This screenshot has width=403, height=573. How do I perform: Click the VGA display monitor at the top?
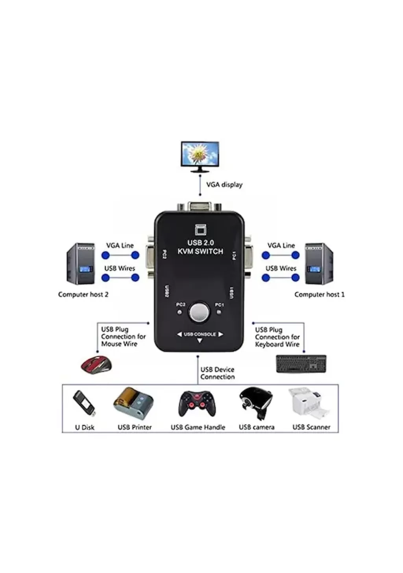(x=200, y=156)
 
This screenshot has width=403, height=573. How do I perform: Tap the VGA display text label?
(x=224, y=184)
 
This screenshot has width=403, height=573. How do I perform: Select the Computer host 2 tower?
(x=81, y=263)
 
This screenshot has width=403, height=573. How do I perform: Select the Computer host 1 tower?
(x=319, y=263)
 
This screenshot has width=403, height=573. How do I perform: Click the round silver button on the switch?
(x=199, y=312)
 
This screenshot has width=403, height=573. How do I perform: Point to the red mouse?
(x=96, y=365)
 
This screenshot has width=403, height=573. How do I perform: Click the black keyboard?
(x=301, y=364)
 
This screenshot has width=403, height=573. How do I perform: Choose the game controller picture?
(x=198, y=404)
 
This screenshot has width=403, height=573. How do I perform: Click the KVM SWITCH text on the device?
(x=200, y=252)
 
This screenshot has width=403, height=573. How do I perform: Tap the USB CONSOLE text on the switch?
(x=200, y=334)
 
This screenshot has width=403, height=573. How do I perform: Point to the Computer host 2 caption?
(x=83, y=295)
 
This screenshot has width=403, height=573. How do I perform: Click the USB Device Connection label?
(x=217, y=373)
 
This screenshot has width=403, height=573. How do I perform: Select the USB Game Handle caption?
(x=198, y=427)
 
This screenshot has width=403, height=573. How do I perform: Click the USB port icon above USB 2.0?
(x=201, y=230)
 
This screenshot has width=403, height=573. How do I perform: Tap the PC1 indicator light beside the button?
(x=219, y=313)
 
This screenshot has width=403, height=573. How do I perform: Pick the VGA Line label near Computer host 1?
(x=281, y=245)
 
